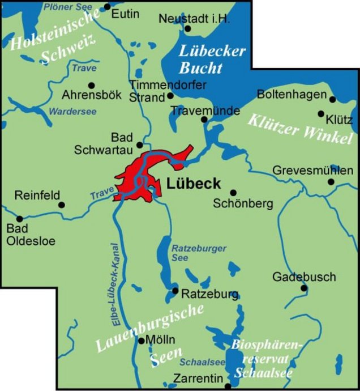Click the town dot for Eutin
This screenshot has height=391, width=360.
pos(108,7)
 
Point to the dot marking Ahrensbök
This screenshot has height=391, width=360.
pos(92,86)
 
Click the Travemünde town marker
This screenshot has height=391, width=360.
pos(205,120)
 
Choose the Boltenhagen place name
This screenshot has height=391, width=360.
pos(292,94)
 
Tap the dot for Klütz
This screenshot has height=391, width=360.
pos(321,113)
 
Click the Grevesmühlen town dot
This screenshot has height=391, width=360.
pos(332,182)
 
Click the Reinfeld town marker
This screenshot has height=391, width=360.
pos(62,205)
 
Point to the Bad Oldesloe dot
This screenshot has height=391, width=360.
pos(20,219)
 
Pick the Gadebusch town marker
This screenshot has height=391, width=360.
pos(304,288)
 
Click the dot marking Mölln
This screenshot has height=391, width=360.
pos(142,341)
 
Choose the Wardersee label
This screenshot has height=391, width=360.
pos(70,111)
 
